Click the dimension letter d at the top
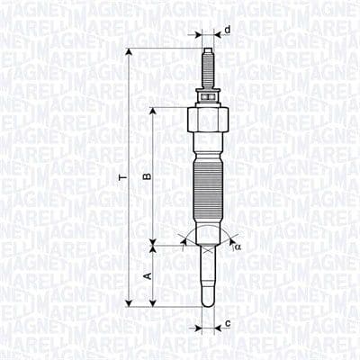[x=228, y=31]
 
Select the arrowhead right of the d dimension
[x=217, y=38]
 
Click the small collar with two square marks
[x=208, y=94]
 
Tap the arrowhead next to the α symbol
[x=231, y=240]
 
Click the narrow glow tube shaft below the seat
[x=208, y=274]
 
